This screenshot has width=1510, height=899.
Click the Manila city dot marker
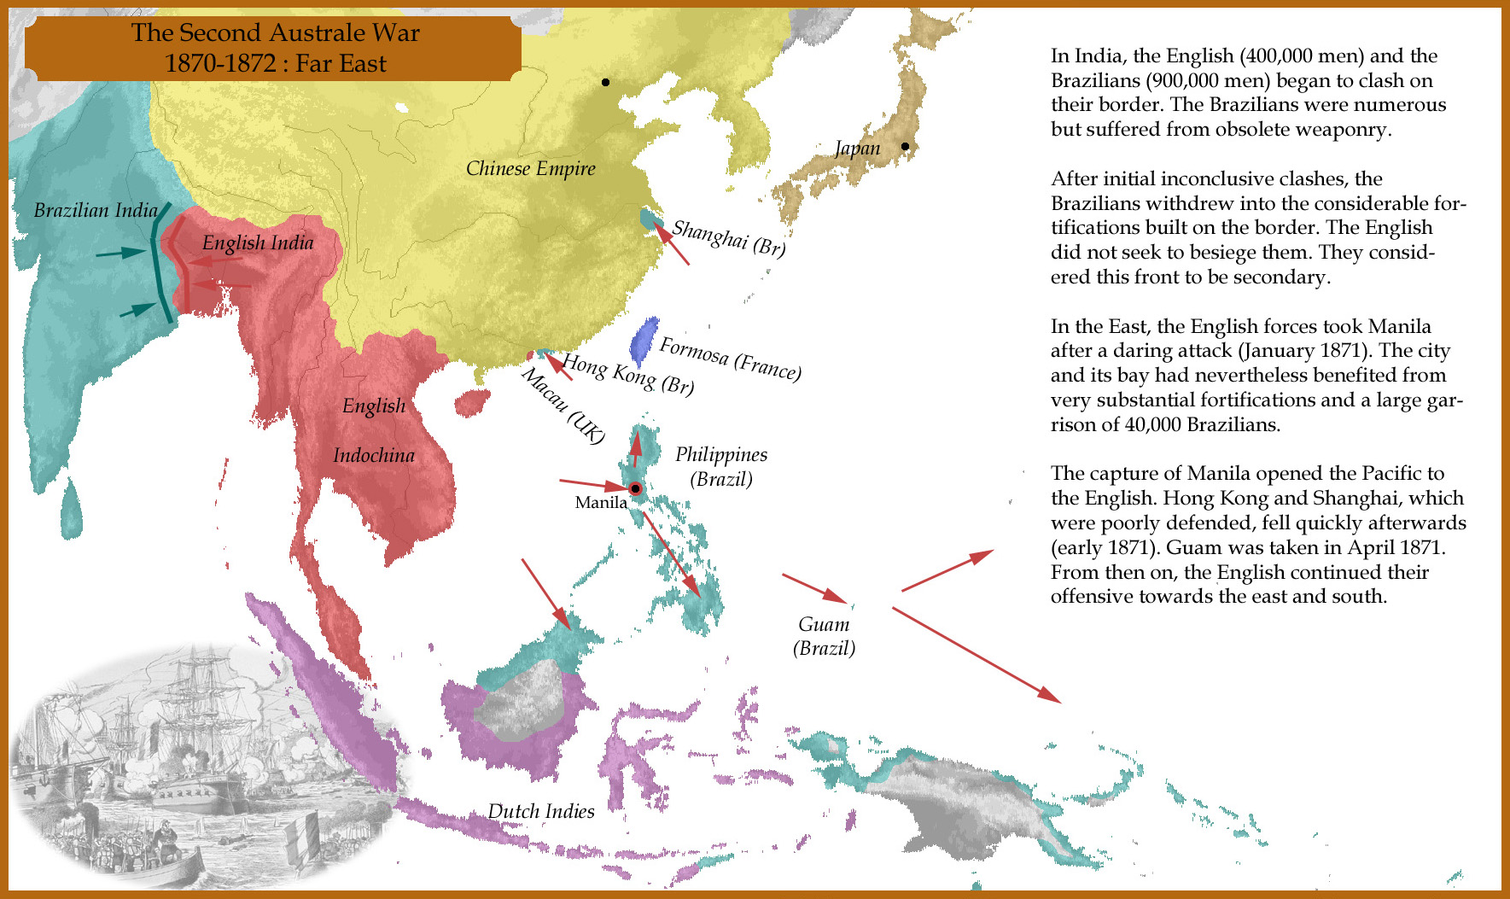coord(635,489)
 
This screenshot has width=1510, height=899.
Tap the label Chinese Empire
coord(530,168)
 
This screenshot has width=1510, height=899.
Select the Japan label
coord(857,149)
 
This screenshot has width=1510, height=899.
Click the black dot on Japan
coord(905,146)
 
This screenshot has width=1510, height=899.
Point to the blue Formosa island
coord(644,340)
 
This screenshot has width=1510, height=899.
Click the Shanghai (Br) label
coord(728,238)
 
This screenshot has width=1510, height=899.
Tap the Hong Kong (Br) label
coord(627,375)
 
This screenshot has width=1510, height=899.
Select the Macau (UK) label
coord(563,406)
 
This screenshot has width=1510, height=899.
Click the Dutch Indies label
coord(541,811)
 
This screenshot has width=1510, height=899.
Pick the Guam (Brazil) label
coord(824,636)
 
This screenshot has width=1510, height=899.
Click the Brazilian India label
coord(96,210)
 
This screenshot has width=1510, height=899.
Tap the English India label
coord(258,243)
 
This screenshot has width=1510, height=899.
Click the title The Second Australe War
coord(275,33)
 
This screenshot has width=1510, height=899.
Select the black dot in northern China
coord(605,82)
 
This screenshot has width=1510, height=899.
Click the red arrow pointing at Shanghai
coord(671,243)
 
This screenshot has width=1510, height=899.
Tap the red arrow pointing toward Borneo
coord(545,593)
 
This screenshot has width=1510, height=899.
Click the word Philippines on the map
coord(721,454)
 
